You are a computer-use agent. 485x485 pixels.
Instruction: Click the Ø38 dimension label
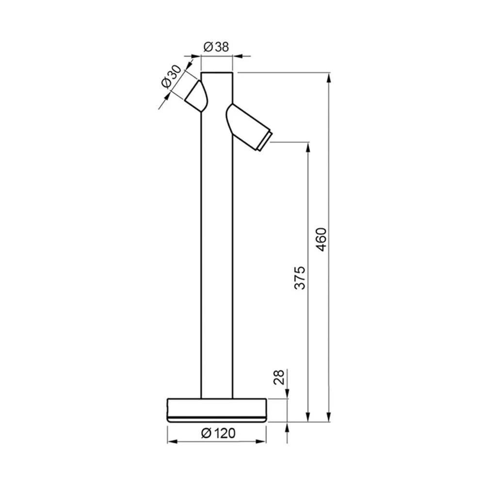[216, 47]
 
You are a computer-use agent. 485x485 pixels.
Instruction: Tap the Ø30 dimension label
[171, 77]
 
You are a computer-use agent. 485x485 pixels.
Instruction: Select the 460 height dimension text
[322, 240]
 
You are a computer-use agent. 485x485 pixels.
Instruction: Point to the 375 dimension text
[300, 277]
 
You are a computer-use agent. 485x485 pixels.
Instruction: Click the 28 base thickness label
[280, 377]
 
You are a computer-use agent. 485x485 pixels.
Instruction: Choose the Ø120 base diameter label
[218, 433]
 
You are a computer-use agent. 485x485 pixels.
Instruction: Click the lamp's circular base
[216, 410]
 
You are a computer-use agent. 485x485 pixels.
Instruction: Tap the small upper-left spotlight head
[197, 96]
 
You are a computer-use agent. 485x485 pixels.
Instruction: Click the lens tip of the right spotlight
[265, 141]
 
